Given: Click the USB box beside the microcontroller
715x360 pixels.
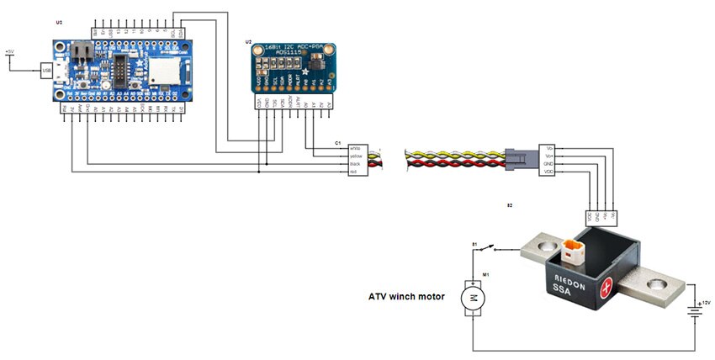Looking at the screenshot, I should (x=46, y=71).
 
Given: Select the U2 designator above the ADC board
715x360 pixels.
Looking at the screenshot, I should (x=248, y=40).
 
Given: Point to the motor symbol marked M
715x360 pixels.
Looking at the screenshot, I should (x=473, y=297).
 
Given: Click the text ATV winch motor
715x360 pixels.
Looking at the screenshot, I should (x=408, y=296).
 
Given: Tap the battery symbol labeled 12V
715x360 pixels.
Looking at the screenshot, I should (x=695, y=312).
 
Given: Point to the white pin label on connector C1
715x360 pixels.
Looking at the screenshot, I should (x=355, y=147).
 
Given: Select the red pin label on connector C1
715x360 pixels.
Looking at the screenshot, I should (x=354, y=172).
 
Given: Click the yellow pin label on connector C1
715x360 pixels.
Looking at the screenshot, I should (x=356, y=156).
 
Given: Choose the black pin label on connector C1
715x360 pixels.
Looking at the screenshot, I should (x=355, y=164).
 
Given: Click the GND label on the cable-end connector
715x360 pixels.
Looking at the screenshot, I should (x=550, y=164).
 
